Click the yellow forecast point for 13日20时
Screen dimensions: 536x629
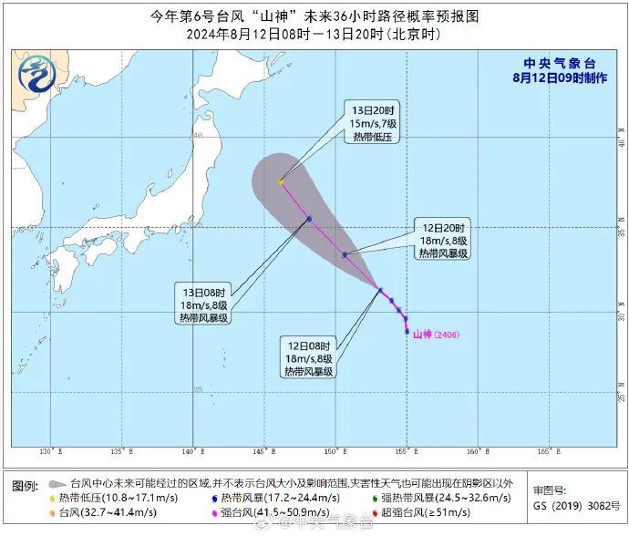point(281,181)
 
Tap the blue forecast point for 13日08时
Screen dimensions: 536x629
point(309,219)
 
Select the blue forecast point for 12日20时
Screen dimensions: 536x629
point(345,254)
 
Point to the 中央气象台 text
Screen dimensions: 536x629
point(560,63)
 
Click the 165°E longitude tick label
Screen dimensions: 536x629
point(543,452)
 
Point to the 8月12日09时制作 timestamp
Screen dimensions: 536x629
point(560,77)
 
